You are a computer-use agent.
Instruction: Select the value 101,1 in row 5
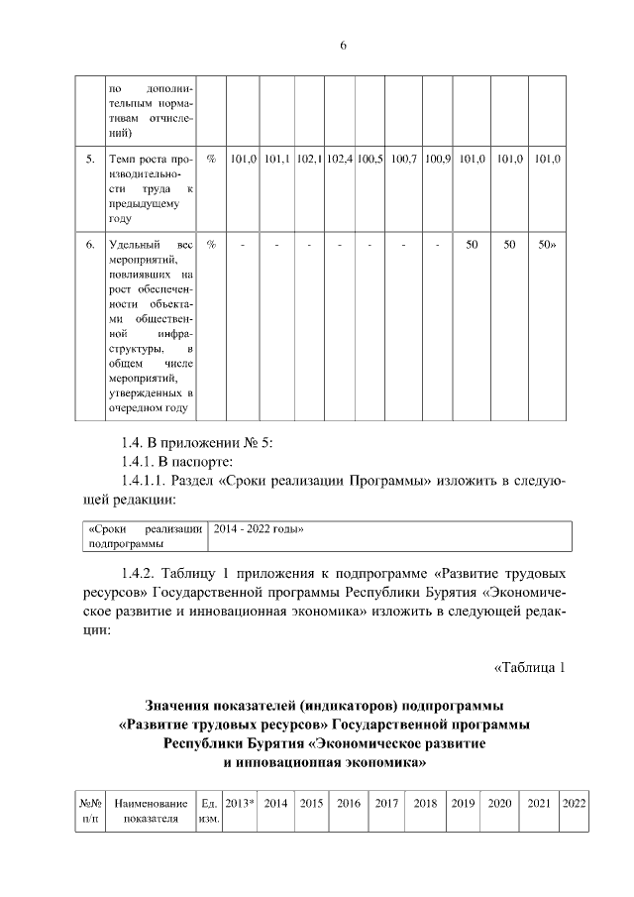276,159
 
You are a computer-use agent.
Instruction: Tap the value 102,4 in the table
341,159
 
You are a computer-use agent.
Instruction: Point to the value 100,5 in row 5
370,159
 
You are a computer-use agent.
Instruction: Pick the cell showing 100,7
405,159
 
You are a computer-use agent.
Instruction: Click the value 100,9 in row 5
438,159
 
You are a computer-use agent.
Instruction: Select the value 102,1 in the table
309,159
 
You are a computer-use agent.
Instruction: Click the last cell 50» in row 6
547,244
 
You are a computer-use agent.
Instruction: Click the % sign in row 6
211,244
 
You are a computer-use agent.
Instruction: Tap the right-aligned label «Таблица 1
529,667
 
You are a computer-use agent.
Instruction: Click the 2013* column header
240,803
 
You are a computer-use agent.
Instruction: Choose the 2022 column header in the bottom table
574,803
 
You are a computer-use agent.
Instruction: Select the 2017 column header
386,803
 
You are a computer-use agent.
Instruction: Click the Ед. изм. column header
209,811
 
